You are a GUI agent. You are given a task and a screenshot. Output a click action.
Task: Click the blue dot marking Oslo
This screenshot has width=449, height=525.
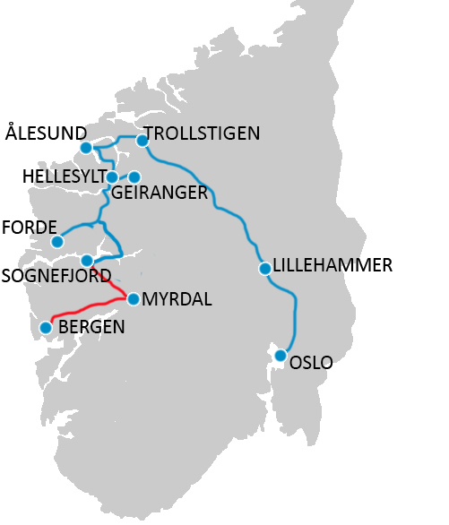click(x=281, y=356)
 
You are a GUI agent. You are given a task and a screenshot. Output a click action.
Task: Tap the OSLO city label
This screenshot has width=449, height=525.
click(x=312, y=363)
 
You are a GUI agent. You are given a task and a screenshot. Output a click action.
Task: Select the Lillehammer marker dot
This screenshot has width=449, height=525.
click(x=264, y=268)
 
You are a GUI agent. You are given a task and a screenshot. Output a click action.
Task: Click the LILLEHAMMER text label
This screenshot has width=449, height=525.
click(x=332, y=265)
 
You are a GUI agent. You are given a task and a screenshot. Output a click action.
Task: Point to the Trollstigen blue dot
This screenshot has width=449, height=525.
click(x=142, y=141)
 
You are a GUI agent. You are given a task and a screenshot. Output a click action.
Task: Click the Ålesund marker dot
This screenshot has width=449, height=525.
click(x=85, y=148)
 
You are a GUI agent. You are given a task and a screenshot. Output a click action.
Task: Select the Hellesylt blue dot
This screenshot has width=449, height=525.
click(x=111, y=177)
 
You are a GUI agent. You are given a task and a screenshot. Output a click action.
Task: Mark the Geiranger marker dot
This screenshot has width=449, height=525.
click(x=134, y=177)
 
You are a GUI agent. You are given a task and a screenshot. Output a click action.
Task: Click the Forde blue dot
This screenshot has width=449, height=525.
click(x=57, y=242)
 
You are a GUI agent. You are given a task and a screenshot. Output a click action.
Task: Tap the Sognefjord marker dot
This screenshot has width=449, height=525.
click(x=87, y=261)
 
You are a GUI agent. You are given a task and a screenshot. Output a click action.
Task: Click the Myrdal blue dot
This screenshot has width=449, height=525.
click(x=134, y=299)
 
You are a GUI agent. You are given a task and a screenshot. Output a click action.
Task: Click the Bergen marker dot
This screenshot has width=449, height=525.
click(x=46, y=328)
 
